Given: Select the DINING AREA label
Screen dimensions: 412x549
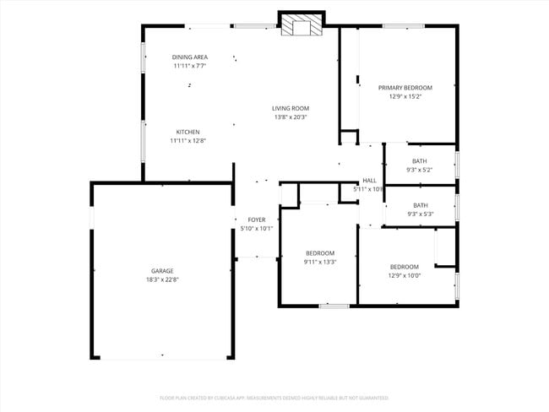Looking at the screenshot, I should tap(190, 57).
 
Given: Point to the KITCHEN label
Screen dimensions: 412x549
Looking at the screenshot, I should tap(188, 132).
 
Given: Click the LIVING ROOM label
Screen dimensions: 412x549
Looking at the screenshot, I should tap(290, 108).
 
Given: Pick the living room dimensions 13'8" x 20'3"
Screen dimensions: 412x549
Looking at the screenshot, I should tap(290, 117).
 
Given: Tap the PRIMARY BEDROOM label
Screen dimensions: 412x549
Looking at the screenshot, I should tap(405, 88).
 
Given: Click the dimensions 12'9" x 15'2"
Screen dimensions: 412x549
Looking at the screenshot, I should tap(405, 97).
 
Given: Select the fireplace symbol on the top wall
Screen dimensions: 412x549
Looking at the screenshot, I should tap(302, 25).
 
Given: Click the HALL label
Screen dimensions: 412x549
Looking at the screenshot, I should tap(369, 180).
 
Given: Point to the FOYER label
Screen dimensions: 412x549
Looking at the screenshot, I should tap(257, 220).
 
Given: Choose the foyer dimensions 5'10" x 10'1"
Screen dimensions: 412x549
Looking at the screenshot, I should tap(257, 229).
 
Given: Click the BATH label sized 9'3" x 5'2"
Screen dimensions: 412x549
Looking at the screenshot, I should tap(420, 160).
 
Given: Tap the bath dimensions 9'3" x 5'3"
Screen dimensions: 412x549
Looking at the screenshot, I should tap(420, 214).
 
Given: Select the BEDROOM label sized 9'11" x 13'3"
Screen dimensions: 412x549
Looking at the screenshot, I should tap(320, 252).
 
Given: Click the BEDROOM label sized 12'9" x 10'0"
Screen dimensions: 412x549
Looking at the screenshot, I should tap(404, 267).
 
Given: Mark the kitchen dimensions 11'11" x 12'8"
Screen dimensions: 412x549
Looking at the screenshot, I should tap(188, 141).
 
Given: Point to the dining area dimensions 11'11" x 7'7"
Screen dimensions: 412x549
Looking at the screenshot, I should tap(190, 66).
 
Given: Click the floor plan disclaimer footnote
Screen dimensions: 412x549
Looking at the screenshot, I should tap(274, 397).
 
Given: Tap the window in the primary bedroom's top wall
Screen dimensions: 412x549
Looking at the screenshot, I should tap(403, 25).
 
